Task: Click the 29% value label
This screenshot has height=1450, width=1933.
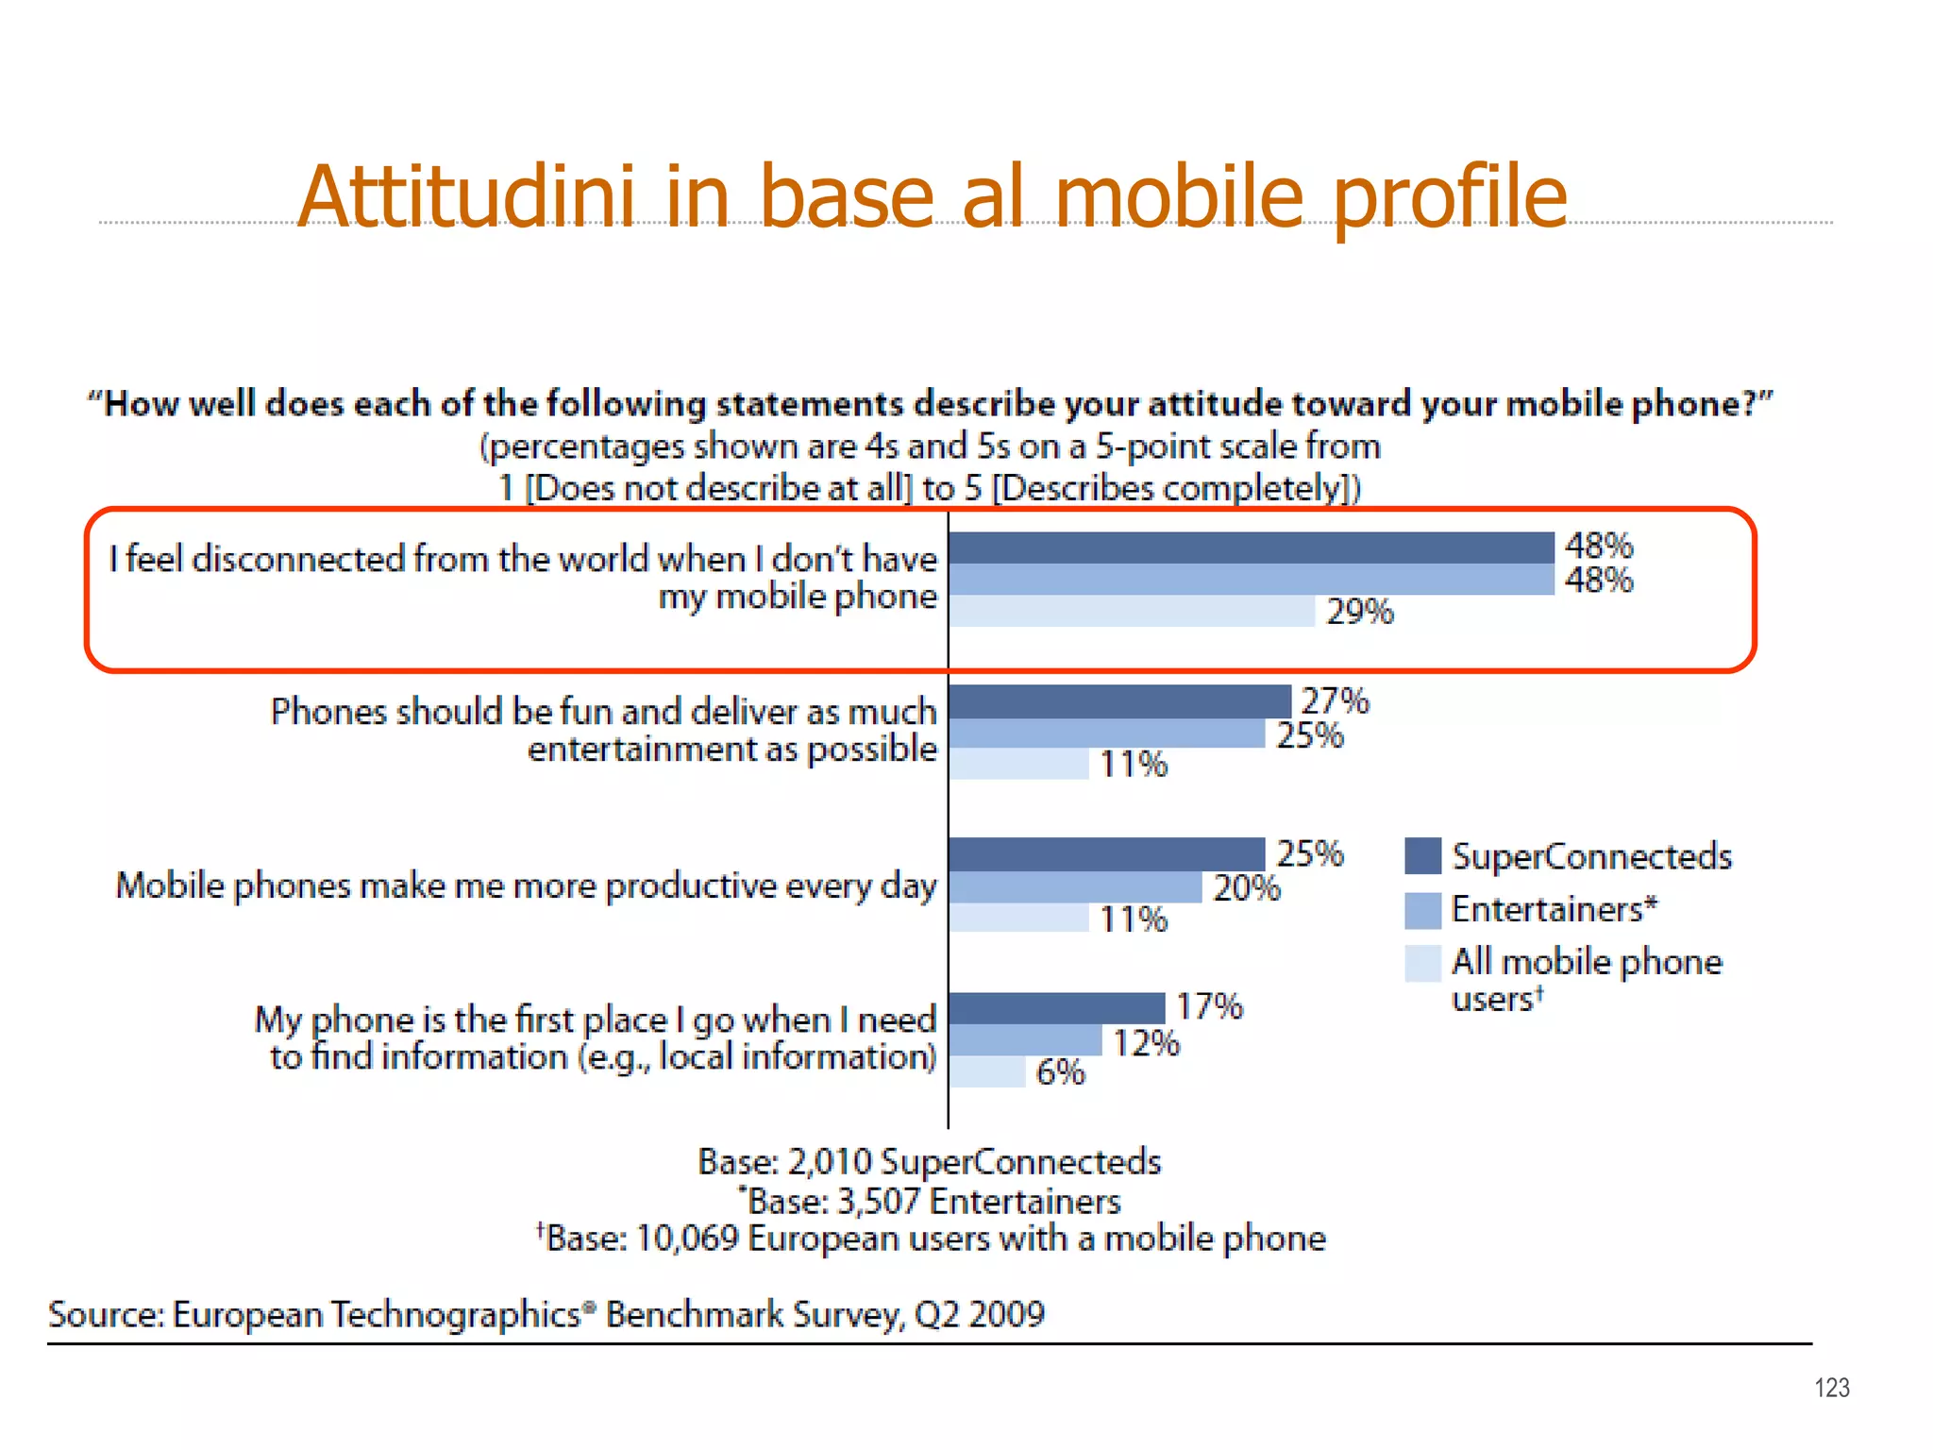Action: point(1359,612)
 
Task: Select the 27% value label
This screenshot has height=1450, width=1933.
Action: point(1335,700)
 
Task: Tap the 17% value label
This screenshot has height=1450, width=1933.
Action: point(1209,1006)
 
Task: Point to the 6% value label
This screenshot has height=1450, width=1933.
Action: point(1060,1072)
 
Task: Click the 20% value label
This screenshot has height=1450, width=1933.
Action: point(1246,888)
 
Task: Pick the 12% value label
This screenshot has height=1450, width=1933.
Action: point(1146,1043)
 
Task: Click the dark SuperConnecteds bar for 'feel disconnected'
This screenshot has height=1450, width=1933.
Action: point(1251,548)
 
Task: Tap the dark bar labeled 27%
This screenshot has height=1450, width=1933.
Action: point(1119,701)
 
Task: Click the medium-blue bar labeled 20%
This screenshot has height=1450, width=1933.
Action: point(1075,887)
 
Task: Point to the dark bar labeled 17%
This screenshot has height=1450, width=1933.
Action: point(1057,1007)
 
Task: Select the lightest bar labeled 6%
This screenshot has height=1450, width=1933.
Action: point(987,1071)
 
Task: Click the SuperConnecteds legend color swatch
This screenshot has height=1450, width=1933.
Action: point(1422,856)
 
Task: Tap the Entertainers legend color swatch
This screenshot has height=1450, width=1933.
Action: point(1422,910)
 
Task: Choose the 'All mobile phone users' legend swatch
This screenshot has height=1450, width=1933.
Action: point(1422,963)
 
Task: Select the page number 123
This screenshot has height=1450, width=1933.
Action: point(1831,1388)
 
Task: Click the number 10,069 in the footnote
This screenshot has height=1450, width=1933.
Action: point(686,1238)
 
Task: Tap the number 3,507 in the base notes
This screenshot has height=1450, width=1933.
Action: point(878,1201)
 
